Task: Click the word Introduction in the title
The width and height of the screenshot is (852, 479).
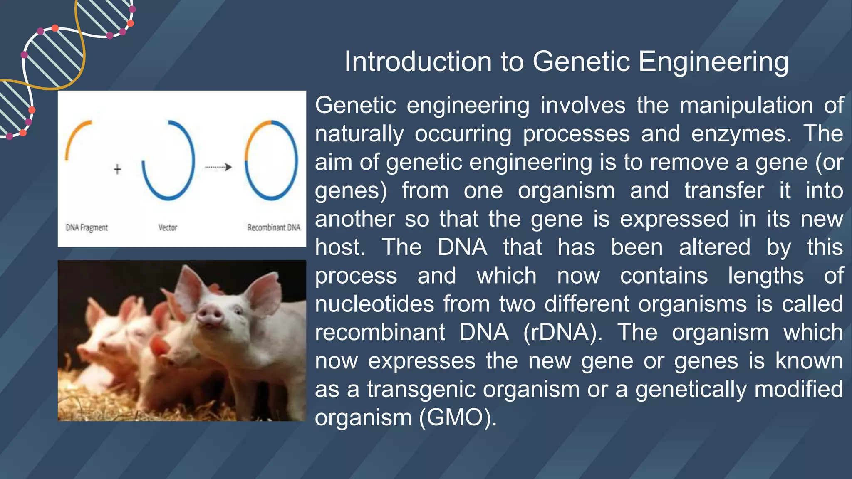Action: pyautogui.click(x=419, y=62)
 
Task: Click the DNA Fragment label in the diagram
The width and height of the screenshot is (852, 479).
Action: pyautogui.click(x=87, y=227)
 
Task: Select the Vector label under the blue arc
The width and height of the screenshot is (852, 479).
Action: pyautogui.click(x=168, y=227)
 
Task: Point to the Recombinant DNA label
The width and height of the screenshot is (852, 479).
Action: pyautogui.click(x=274, y=227)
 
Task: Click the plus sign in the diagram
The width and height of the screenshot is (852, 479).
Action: pyautogui.click(x=117, y=169)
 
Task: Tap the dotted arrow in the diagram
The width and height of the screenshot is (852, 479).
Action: pyautogui.click(x=218, y=167)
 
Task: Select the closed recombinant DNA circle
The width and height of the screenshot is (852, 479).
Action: pyautogui.click(x=271, y=160)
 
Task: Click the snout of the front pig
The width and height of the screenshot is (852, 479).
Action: pyautogui.click(x=209, y=314)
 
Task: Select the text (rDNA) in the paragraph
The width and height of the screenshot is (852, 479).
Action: pyautogui.click(x=562, y=333)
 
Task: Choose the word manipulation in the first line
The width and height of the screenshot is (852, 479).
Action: pyautogui.click(x=746, y=105)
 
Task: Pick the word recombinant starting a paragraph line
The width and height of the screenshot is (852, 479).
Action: pyautogui.click(x=379, y=333)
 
